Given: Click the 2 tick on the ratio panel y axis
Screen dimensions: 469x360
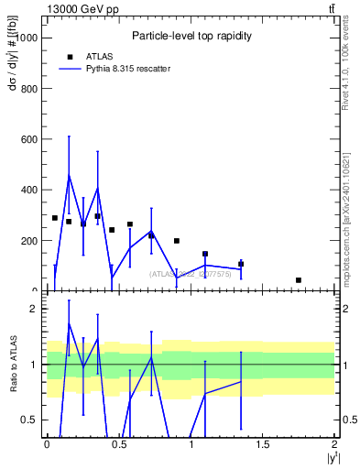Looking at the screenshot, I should pyautogui.click(x=34, y=310).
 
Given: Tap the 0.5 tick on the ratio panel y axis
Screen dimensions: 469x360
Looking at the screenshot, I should pyautogui.click(x=30, y=420).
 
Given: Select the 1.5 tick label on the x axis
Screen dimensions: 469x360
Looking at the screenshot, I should pyautogui.click(x=263, y=444).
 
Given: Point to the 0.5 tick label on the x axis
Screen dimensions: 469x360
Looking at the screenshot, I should pyautogui.click(x=118, y=444).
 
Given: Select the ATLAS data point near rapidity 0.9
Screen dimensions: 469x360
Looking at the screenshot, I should pyautogui.click(x=177, y=241).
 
